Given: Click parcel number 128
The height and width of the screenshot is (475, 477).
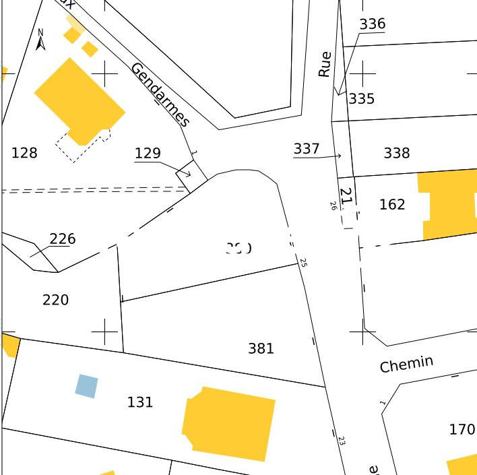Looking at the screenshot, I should (24, 153).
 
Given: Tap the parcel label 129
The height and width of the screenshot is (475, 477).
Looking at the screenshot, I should (148, 153).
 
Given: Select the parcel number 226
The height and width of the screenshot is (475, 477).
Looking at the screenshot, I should (63, 239).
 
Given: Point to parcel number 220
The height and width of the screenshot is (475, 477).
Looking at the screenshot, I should (55, 300).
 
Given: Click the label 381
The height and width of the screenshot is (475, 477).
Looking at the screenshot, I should (261, 348).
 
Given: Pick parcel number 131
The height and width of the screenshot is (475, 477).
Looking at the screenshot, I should (140, 402).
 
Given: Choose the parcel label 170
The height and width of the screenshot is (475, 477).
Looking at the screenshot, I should (462, 429).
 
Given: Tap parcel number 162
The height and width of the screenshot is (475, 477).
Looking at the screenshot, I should (392, 204).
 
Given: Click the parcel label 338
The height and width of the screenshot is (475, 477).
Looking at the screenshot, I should (396, 153).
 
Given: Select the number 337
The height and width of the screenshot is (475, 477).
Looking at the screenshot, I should (307, 149).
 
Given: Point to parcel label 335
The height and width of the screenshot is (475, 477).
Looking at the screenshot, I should (361, 99).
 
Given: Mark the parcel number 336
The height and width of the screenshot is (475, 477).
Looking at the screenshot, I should (372, 24).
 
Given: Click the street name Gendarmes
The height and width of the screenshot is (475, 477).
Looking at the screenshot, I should (160, 94).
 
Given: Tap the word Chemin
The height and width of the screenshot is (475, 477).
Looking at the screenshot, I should (406, 364).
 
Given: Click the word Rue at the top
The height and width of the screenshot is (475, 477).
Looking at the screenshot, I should (325, 64).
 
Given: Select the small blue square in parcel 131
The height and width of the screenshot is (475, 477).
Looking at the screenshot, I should (86, 386).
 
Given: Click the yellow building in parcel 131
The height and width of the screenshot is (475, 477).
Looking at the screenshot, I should (229, 423).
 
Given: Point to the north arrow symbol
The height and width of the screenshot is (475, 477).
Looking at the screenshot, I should (40, 40).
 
